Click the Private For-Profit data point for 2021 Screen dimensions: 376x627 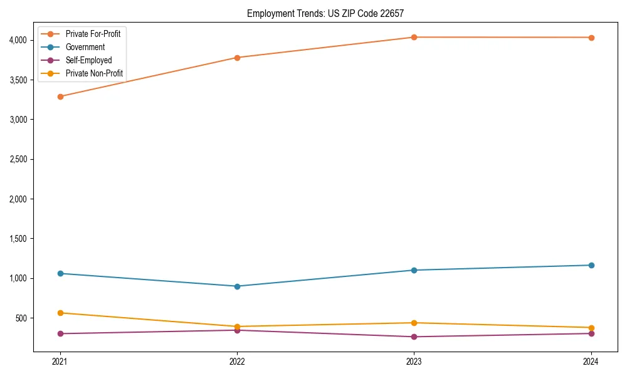[60, 97]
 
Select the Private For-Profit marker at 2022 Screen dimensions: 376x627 [237, 58]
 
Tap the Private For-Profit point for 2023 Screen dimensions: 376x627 [414, 37]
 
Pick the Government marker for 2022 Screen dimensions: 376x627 [237, 286]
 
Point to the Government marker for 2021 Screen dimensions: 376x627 [60, 273]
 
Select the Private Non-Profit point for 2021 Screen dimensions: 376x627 [60, 313]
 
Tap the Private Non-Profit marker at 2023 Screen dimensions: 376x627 [414, 323]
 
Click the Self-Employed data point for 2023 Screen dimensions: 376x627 [414, 337]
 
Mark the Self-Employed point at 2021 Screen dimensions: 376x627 [60, 333]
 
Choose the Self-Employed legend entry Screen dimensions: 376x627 [88, 60]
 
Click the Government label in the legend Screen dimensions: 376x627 [85, 47]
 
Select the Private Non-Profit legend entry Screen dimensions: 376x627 [94, 73]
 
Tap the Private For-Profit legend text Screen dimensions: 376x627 [93, 34]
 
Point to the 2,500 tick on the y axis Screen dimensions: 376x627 [20, 159]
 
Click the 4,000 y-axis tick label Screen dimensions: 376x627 [20, 40]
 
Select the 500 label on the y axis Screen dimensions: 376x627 [24, 318]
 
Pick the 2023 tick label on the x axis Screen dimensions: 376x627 [414, 361]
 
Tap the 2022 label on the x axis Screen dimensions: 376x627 [237, 361]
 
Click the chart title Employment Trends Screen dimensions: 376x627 [325, 13]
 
